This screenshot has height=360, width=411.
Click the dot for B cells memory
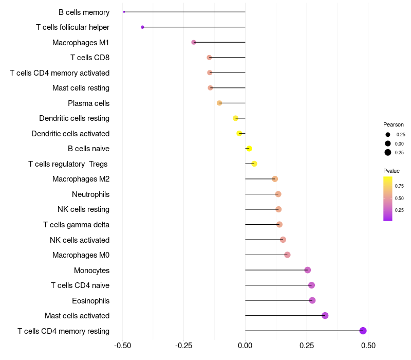(x=124, y=12)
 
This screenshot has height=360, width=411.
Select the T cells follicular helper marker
(x=142, y=27)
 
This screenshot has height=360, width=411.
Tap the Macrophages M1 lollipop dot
(x=194, y=42)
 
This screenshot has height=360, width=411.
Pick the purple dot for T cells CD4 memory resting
(x=363, y=331)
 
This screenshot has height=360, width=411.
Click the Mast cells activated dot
(x=325, y=315)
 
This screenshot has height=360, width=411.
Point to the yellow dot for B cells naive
(x=249, y=149)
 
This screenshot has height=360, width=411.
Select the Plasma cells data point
(x=219, y=103)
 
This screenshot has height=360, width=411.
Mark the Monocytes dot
(x=307, y=269)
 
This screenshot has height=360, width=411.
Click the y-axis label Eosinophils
(x=91, y=301)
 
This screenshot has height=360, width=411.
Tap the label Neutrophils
(x=91, y=194)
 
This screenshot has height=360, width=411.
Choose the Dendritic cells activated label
(x=70, y=134)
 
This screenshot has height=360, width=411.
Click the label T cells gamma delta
(x=76, y=225)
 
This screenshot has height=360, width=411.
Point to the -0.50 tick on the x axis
(x=122, y=345)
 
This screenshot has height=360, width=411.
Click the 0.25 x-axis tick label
(x=307, y=345)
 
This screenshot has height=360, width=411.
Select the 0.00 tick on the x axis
(x=245, y=345)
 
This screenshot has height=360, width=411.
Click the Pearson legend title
(x=394, y=124)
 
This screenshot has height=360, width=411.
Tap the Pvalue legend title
(x=391, y=171)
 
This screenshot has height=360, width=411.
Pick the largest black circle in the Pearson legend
(x=388, y=152)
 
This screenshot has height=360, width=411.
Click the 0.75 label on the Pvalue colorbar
(x=399, y=186)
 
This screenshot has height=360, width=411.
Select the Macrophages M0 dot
(x=287, y=255)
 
